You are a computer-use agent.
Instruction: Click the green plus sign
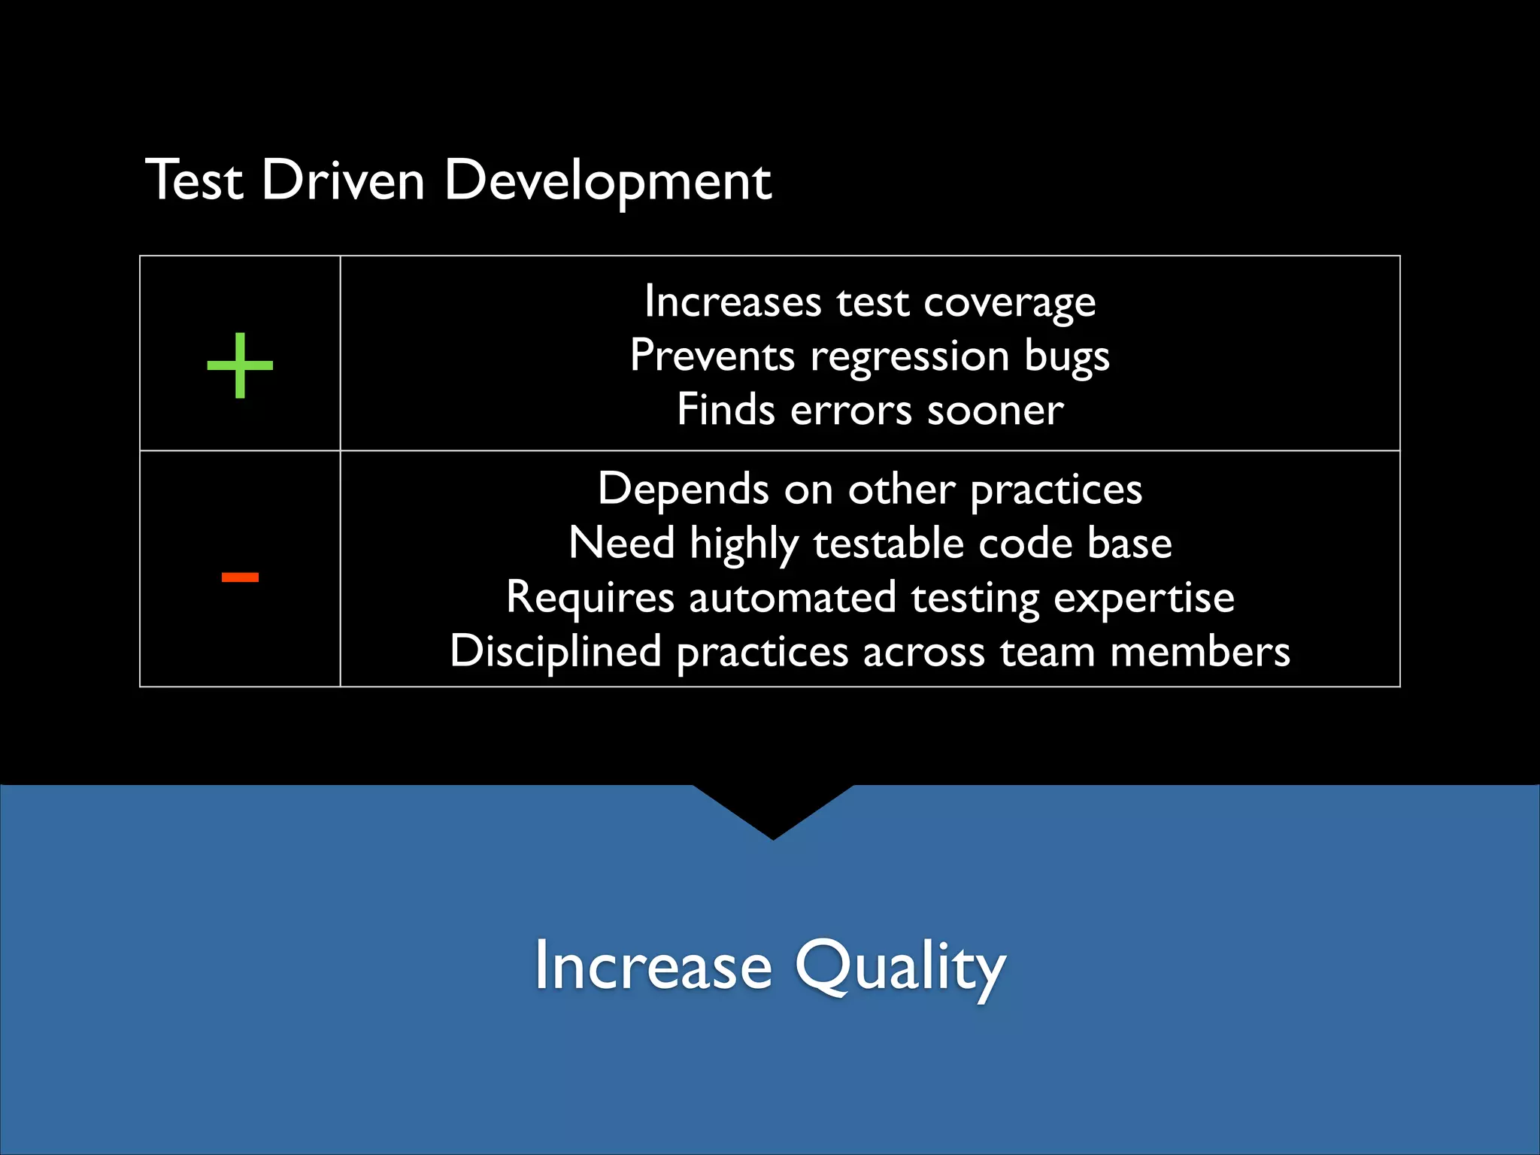point(240,365)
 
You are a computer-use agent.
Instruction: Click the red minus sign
point(240,577)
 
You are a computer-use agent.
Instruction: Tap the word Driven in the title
point(344,181)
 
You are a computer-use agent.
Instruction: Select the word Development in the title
point(608,181)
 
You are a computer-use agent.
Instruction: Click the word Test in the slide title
point(195,181)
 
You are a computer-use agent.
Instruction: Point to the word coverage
point(1009,304)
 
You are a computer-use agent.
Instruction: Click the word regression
point(909,356)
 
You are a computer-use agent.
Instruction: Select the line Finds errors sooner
point(870,411)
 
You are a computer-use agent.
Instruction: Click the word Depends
point(683,490)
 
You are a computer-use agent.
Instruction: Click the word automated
point(793,598)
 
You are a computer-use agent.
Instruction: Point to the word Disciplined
point(555,651)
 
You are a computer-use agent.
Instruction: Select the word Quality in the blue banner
point(900,967)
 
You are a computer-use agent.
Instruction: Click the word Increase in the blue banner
point(653,967)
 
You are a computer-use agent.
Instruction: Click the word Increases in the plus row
point(732,302)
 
